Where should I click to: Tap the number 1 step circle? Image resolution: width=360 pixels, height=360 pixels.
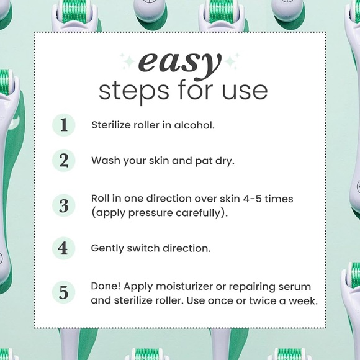(64, 125)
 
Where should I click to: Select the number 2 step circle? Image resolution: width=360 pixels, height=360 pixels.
(64, 161)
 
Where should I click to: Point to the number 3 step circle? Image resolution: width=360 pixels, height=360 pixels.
(64, 205)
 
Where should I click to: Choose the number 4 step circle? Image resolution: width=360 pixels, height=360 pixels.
(63, 248)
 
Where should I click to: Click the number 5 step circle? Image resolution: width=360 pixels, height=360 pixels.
(64, 292)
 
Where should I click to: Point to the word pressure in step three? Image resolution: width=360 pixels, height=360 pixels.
(151, 214)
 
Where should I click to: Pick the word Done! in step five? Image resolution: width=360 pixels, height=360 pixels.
(106, 286)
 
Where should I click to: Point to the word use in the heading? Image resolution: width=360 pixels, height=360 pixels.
(245, 92)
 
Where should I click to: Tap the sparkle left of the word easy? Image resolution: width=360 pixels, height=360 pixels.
(127, 61)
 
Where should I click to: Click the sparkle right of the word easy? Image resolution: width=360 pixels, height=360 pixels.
(232, 61)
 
